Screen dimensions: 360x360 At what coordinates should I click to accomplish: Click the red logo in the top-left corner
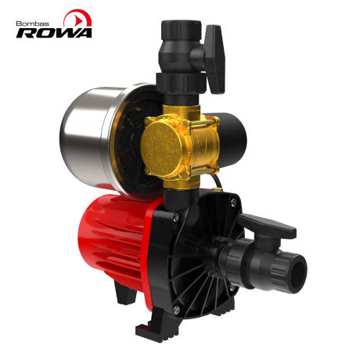(77, 18)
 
